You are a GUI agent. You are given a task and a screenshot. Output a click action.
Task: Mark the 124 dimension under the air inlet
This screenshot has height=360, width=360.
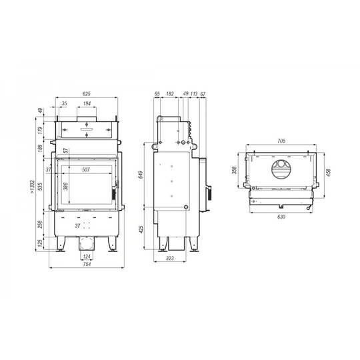[x=87, y=257]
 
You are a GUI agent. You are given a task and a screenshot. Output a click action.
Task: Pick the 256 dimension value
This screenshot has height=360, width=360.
[x=40, y=225]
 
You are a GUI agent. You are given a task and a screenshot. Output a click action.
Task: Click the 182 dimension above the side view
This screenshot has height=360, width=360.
[x=170, y=94]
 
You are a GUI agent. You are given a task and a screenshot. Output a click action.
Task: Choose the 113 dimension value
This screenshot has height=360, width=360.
[x=194, y=94]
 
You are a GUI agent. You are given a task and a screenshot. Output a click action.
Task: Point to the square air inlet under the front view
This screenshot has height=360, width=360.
[x=86, y=244]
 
